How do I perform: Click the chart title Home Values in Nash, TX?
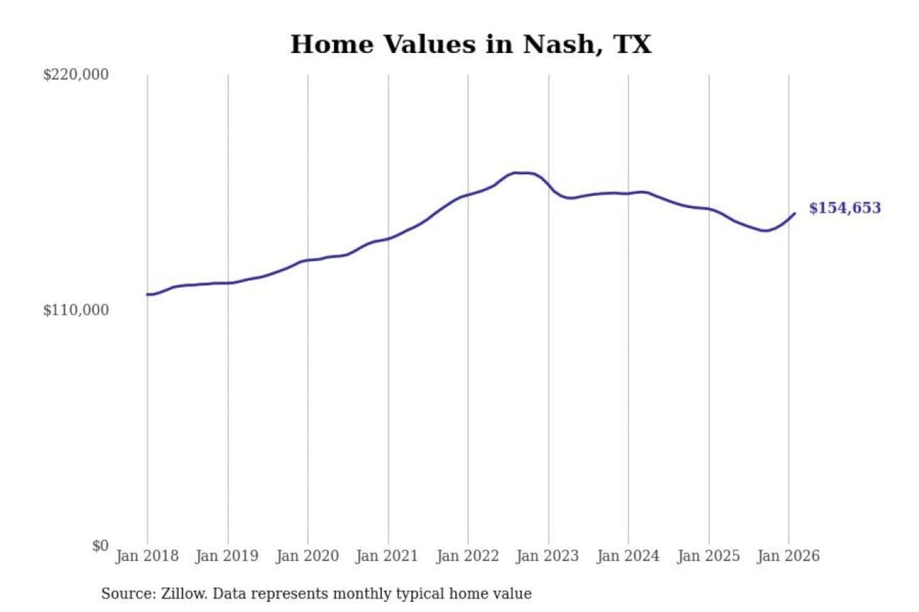click(471, 44)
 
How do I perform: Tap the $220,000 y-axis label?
click(76, 75)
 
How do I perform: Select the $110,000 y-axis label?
click(76, 310)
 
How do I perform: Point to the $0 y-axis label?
click(100, 546)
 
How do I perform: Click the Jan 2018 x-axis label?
click(147, 556)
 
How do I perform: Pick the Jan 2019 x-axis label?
click(227, 556)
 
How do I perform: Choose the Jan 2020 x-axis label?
click(308, 556)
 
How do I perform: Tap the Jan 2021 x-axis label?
click(387, 556)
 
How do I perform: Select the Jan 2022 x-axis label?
click(468, 556)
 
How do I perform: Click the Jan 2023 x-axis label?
click(548, 556)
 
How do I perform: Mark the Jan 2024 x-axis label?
click(628, 556)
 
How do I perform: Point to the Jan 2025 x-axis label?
click(708, 556)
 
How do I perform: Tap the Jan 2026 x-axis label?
click(788, 556)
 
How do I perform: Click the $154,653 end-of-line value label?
click(845, 208)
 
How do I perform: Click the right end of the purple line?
click(795, 214)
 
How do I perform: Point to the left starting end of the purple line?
click(147, 295)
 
